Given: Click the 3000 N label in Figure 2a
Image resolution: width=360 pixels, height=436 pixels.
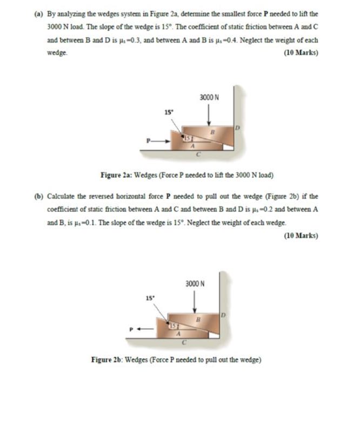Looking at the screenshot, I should (x=209, y=98).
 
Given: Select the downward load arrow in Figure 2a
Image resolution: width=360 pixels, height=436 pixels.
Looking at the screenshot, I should (x=209, y=115).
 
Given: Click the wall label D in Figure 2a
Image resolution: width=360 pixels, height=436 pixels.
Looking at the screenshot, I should (x=236, y=128).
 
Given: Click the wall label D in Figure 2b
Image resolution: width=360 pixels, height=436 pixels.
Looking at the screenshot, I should (x=222, y=314).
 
